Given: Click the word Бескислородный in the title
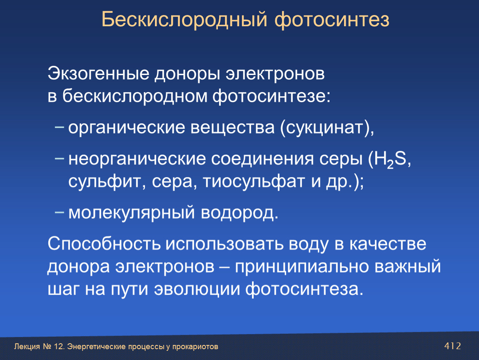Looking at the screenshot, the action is [x=184, y=20].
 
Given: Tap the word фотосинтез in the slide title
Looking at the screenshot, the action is [x=332, y=20].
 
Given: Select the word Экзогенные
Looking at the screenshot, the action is [x=98, y=74].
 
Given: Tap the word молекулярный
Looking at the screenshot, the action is [x=132, y=213].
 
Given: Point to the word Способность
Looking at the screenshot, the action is [x=104, y=244].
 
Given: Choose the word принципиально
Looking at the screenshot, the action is [x=302, y=267].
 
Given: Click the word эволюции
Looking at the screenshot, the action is [x=197, y=290].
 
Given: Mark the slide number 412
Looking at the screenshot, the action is [x=453, y=346].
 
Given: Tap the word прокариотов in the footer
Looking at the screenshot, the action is [x=195, y=347].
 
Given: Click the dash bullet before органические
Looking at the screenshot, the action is [x=59, y=127].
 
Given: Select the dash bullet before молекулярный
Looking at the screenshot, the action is [x=59, y=212].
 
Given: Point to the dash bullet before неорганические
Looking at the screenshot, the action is [x=59, y=157].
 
